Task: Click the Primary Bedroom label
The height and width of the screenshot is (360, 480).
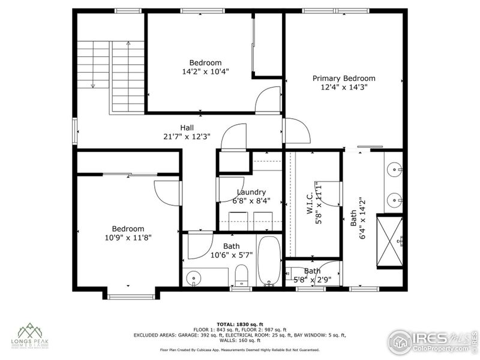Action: [344, 79]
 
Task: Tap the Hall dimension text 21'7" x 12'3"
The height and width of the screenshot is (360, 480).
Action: [187, 136]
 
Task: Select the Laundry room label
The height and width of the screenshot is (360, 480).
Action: [251, 192]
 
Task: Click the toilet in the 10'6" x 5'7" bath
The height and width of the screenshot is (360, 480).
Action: [241, 276]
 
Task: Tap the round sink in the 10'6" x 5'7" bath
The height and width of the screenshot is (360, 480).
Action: [193, 278]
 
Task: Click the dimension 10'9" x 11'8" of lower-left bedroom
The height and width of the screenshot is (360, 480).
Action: [128, 237]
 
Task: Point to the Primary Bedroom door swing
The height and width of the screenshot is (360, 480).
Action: [297, 131]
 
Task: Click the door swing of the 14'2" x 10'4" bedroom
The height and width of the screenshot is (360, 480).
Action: [268, 100]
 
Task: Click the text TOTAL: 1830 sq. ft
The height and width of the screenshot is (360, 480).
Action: [240, 324]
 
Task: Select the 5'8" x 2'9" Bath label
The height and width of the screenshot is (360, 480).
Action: [312, 275]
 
